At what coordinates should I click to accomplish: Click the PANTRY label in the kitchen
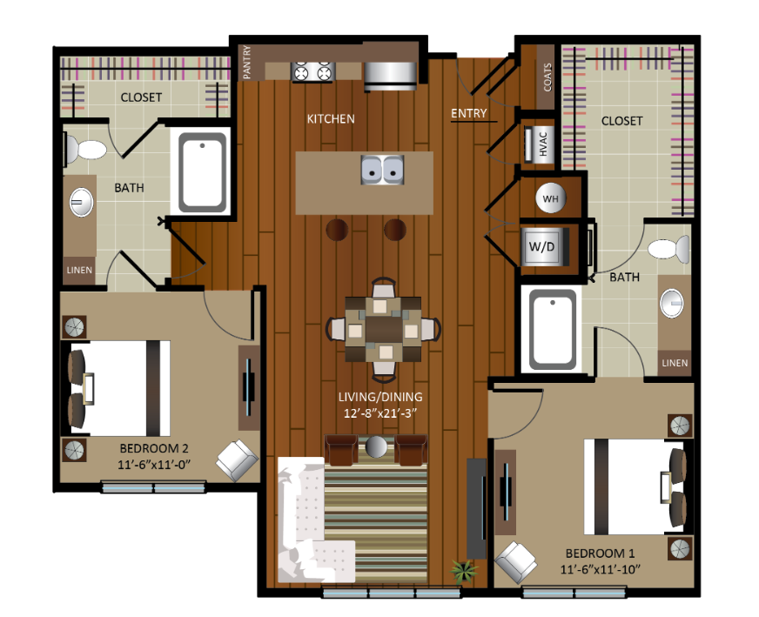click(x=247, y=62)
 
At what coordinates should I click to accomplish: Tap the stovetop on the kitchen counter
click(x=312, y=71)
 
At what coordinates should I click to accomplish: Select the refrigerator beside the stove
click(x=390, y=76)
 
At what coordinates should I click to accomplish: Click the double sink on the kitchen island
click(x=382, y=170)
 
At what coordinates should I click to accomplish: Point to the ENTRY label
click(x=468, y=113)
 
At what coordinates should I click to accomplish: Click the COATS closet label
click(x=547, y=77)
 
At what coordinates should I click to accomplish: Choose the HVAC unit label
click(x=542, y=144)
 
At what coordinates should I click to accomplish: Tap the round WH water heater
click(x=550, y=198)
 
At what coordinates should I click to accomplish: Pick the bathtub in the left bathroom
click(x=202, y=173)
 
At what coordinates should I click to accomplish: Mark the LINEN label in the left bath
click(x=79, y=270)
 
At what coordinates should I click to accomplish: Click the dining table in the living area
click(x=383, y=330)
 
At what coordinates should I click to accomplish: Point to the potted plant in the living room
click(x=464, y=571)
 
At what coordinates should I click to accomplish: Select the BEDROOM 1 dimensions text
click(x=601, y=570)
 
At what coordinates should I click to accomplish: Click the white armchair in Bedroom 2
click(x=237, y=459)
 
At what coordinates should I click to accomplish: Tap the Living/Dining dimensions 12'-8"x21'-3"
click(x=380, y=413)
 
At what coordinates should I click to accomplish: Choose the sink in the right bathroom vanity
click(x=672, y=304)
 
